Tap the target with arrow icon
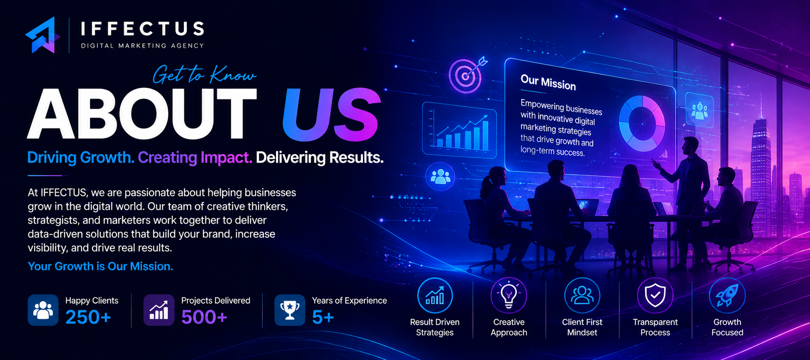point(467,74)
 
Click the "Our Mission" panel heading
point(548,82)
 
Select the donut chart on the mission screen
point(642,123)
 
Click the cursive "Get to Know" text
point(204,74)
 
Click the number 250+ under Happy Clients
point(88,317)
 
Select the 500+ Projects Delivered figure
point(204,317)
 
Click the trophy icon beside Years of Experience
point(290,310)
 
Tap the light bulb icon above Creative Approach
point(509,295)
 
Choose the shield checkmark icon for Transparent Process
point(655,295)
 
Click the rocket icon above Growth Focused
point(727,295)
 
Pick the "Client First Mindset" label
point(582,327)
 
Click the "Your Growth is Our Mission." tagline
point(100,266)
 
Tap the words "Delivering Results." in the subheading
point(320,158)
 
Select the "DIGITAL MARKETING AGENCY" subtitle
point(143,46)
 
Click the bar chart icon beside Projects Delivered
point(159,310)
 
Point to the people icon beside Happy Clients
point(43,310)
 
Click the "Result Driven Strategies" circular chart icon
point(435,295)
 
